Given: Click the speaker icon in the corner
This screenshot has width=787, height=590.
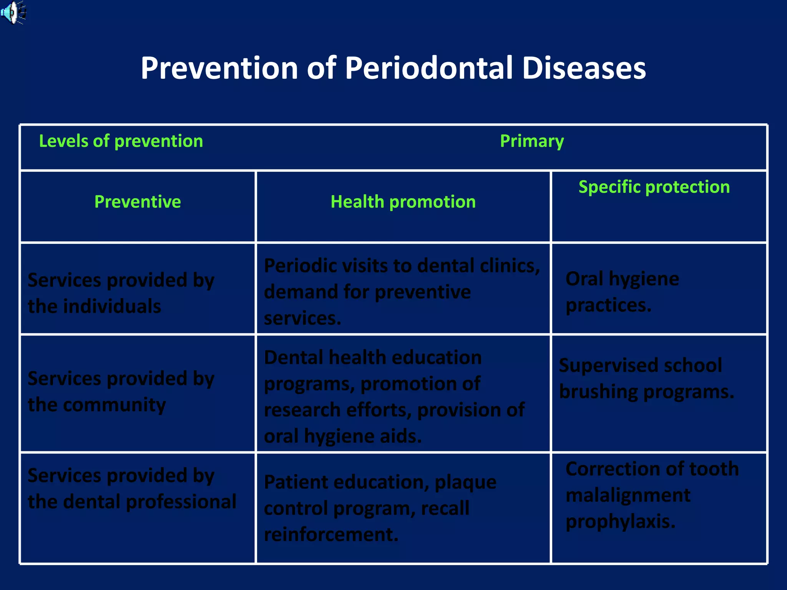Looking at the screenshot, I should pos(12,12).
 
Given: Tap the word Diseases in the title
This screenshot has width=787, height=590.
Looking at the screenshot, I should pos(584,68).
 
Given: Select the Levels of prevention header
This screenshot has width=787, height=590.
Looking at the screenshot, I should pos(121,141).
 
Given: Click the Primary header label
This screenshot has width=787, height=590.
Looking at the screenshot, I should pos(532,141).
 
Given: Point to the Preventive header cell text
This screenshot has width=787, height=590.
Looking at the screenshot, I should pos(138,202).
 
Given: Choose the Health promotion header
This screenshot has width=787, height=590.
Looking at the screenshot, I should pos(403,202).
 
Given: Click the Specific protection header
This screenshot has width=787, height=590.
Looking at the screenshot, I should pos(654,187).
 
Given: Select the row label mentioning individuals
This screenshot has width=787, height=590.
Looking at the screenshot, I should pos(121,293).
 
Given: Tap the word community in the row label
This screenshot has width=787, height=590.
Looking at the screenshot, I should pos(114,405).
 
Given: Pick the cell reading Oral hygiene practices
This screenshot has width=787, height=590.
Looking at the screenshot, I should pos(622,292).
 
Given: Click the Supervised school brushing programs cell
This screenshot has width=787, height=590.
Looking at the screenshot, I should pos(646,378).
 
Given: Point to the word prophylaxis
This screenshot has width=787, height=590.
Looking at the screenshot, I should pos(620,522).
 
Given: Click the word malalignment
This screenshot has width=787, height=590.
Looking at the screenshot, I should pos(628,495).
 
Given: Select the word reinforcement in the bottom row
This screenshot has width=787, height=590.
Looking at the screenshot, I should pos(331,534).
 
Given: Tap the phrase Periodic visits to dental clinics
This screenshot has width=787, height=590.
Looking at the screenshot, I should pos(402,266).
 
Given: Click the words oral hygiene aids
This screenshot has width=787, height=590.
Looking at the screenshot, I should pos(342,436).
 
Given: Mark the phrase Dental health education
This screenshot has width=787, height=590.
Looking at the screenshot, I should pos(372,358).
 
